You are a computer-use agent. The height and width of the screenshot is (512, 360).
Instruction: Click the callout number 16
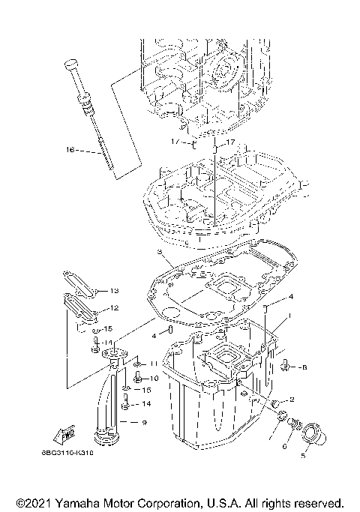[69, 150]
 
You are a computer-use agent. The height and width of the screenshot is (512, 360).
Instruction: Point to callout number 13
[114, 291]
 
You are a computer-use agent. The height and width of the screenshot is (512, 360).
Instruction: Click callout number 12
[114, 308]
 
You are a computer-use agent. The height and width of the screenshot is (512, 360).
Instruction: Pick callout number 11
[153, 364]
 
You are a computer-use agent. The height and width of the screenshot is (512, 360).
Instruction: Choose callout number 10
[154, 379]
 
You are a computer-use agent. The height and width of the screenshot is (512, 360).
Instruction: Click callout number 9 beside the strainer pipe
[144, 424]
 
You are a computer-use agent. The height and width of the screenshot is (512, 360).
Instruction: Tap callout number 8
[304, 367]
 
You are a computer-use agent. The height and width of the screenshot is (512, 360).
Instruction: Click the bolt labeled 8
[286, 367]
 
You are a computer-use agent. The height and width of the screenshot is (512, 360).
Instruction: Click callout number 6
[284, 446]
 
